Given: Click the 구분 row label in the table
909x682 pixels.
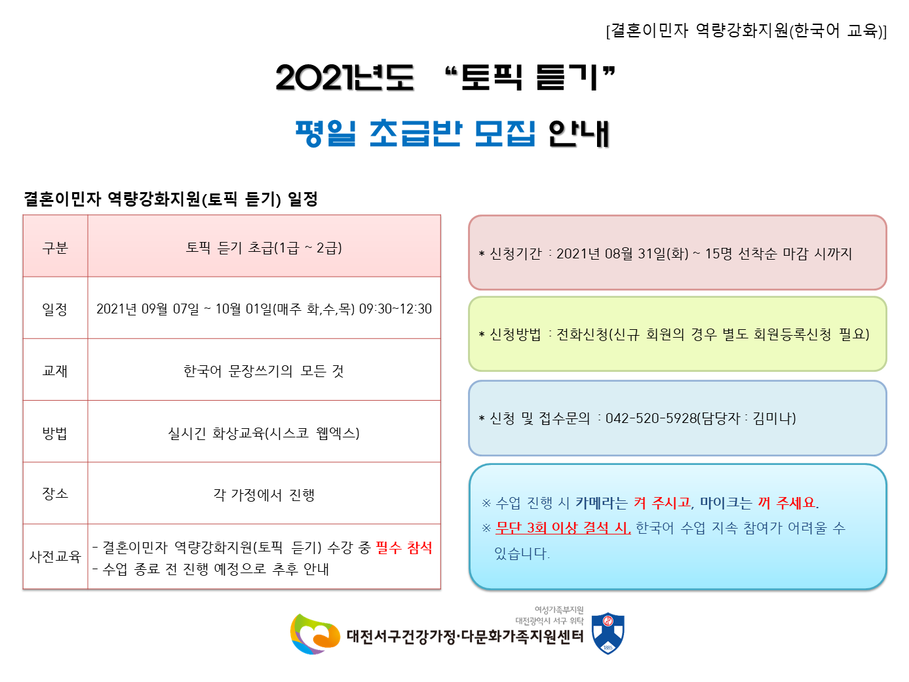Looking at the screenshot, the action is pos(55,248).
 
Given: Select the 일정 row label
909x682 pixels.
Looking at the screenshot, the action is pos(55,309).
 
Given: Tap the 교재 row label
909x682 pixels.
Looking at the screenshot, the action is pos(55,371).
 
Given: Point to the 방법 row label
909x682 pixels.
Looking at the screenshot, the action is pos(55,433).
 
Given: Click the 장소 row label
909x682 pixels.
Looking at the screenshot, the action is pos(55,494).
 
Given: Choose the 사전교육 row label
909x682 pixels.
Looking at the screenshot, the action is pos(55,556).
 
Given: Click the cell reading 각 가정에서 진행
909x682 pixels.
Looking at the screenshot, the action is pos(264,494).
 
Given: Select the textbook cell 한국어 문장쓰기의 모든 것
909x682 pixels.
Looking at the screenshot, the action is pos(264,371).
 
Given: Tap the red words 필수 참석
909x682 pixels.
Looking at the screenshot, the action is pos(404,548).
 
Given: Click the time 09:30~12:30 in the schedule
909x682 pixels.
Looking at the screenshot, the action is pos(395,309).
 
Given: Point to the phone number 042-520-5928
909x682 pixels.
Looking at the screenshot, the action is pos(651,418).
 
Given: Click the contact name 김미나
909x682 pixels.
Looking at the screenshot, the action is pos(772,418).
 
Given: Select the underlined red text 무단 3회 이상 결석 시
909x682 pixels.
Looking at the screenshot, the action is pos(563,527).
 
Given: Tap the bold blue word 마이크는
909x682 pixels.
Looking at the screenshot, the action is pos(725,502).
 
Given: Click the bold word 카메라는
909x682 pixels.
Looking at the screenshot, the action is pos(602,502).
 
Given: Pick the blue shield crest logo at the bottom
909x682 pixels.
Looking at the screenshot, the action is pos(608,633).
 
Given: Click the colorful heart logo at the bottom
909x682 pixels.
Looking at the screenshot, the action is pos(315,634).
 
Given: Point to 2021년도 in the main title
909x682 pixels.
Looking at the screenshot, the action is pos(345,77).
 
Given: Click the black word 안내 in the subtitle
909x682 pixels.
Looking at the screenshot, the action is pos(579,133).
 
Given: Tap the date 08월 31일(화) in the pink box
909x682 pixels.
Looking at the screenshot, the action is pos(646,253).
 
